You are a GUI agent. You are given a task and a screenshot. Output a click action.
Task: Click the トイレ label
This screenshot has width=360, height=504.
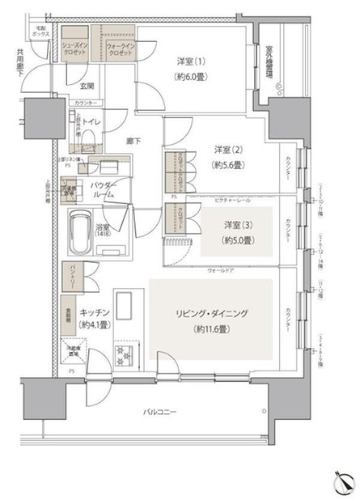(x=91, y=122)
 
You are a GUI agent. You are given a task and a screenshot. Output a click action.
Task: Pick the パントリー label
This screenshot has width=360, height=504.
(x=71, y=276)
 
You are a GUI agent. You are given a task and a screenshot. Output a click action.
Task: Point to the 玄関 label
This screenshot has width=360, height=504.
(x=87, y=86)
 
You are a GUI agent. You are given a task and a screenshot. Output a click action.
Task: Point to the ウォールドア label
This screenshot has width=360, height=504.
(x=221, y=270)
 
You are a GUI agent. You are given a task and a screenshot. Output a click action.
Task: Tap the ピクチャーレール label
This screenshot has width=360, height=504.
(x=232, y=197)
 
